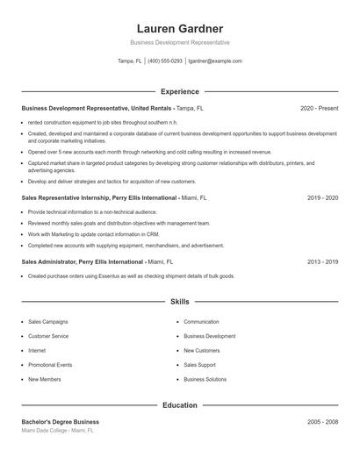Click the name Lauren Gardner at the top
[179, 28]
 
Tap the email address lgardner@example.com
[216, 61]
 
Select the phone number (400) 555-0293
[165, 61]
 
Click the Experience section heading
[179, 91]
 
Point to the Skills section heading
[179, 302]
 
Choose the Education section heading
[179, 406]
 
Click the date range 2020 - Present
[319, 108]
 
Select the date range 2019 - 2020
[322, 198]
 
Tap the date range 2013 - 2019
[322, 261]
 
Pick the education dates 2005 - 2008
[322, 422]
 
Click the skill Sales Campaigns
[47, 322]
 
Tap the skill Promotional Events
[50, 365]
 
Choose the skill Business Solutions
[205, 380]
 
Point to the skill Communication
[201, 322]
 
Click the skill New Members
[45, 380]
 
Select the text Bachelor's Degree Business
[61, 422]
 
